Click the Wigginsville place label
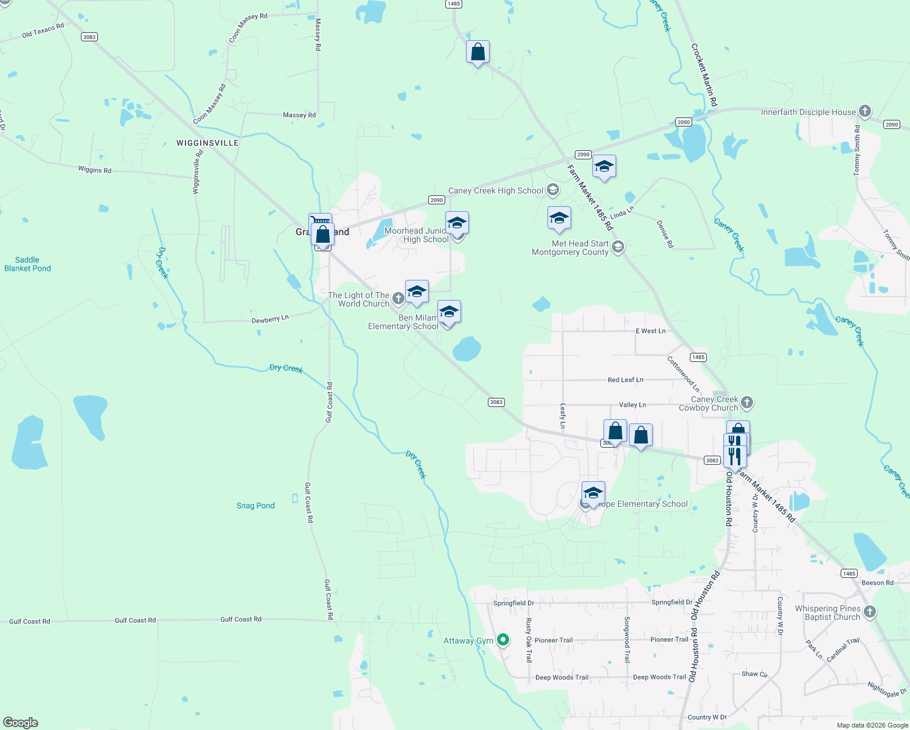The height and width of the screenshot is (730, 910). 207,143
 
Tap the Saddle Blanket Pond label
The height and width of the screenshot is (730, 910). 27,264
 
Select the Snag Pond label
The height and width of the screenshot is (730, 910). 255,506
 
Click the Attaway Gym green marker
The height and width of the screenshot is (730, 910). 503,640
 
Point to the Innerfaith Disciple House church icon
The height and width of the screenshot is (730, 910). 865,111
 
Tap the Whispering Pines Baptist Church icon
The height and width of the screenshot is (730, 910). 870,612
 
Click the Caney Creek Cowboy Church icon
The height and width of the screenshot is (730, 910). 748,403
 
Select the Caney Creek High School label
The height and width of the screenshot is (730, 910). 496,191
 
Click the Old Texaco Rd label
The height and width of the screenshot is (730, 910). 43,31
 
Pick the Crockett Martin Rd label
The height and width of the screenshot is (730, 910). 704,75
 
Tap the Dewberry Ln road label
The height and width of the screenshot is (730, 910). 270,319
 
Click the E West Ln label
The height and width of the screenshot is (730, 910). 650,331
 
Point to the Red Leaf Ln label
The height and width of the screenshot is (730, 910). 625,380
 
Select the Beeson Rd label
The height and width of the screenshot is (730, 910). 877,583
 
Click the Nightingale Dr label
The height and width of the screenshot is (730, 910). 887,690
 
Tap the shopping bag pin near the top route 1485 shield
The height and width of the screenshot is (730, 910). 478,52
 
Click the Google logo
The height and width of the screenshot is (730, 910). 21,723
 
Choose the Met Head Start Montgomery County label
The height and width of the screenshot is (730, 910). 570,248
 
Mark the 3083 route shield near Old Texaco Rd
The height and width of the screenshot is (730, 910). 89,37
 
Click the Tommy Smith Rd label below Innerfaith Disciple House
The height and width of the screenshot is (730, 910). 857,151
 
